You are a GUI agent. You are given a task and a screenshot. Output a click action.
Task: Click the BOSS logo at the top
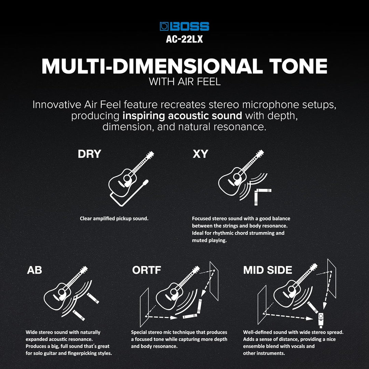coord(184,26)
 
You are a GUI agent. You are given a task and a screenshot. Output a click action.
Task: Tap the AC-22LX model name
coord(184,39)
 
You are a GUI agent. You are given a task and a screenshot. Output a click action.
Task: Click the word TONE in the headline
coord(298,66)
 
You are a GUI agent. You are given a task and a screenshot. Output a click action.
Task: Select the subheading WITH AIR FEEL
coord(184,82)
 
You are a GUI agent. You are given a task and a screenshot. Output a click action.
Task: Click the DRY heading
coord(90,154)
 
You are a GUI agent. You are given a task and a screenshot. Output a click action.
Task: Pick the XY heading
coord(200,154)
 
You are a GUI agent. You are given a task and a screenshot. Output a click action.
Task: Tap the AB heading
coord(35,270)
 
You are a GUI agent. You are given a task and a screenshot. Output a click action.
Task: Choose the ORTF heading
coord(146,270)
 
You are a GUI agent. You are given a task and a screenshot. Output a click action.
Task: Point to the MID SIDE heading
coord(268,270)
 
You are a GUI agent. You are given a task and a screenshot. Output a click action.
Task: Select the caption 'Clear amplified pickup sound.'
coord(114,218)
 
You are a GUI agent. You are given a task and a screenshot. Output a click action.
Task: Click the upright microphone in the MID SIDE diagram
coord(320,319)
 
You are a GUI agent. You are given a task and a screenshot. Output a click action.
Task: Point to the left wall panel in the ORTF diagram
coord(144,307)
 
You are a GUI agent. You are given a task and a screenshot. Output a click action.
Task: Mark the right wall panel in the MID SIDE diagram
coord(331,278)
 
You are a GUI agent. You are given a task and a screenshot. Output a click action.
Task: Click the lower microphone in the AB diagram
coord(79,315)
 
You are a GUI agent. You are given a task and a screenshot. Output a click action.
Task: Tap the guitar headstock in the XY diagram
coord(259,153)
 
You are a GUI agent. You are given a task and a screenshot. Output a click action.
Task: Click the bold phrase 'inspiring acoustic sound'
coord(182,115)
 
